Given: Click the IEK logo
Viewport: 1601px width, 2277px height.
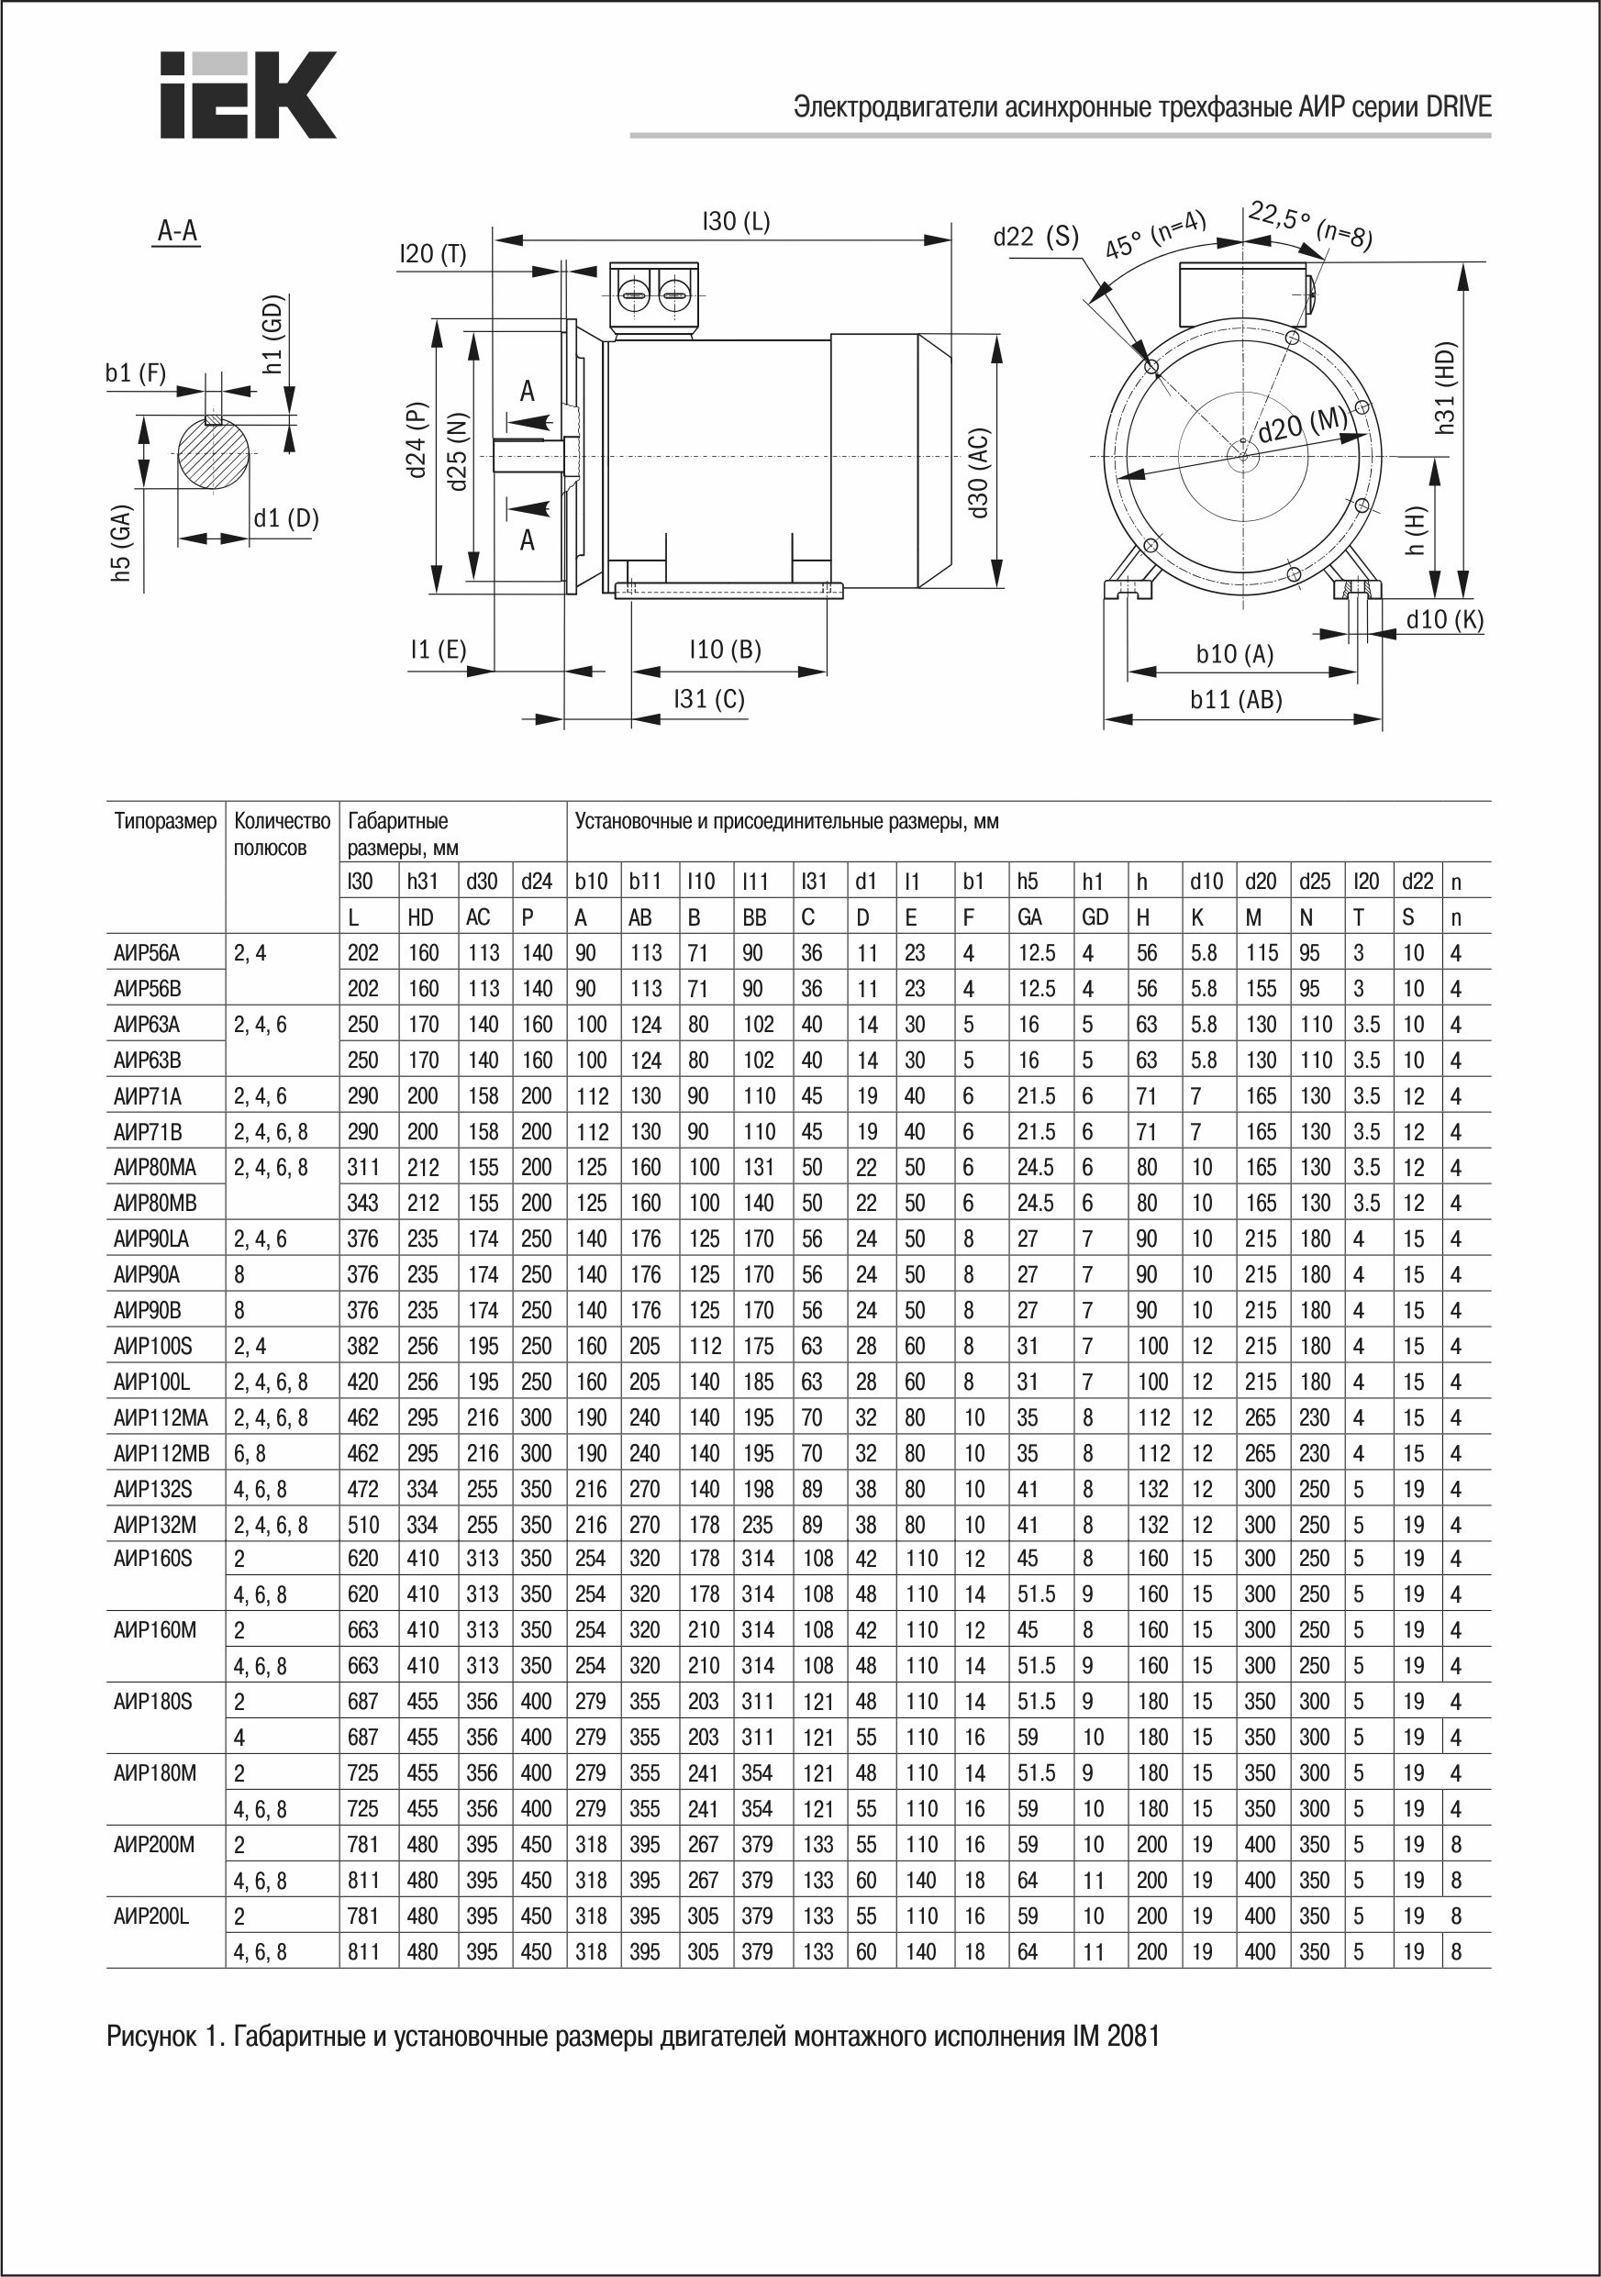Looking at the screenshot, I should pos(248,95).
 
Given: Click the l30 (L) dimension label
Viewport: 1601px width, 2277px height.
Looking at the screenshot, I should pos(735,221).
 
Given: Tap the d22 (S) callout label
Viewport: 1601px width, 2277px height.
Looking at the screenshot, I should pos(1035,236).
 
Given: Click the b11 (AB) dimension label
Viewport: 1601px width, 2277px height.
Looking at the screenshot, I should pos(1235,700).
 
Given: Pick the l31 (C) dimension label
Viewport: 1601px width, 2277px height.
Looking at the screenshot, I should pos(708,699).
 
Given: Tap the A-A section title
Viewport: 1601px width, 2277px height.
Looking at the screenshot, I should pos(178,231).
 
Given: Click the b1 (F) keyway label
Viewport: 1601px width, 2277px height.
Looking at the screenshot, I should pos(135,372).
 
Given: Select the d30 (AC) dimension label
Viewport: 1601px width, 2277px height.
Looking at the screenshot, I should pos(978,473).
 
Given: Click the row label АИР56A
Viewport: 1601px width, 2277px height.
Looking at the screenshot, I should pos(147,953).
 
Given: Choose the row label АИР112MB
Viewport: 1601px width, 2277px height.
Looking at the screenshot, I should pos(161,1454).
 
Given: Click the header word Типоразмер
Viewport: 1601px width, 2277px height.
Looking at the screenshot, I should pos(164,821).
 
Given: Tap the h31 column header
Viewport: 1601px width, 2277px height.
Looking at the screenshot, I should pos(423,882).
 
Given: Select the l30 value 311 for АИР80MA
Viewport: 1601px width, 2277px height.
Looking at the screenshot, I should pos(363,1168).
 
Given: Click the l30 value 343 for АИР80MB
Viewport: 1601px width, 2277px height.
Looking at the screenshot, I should pos(363,1204).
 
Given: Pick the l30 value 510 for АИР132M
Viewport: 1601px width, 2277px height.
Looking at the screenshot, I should pos(363,1526).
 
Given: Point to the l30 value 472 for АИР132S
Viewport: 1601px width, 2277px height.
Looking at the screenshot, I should pos(363,1490).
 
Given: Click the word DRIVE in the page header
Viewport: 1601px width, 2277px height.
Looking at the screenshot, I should pos(1457,107).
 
